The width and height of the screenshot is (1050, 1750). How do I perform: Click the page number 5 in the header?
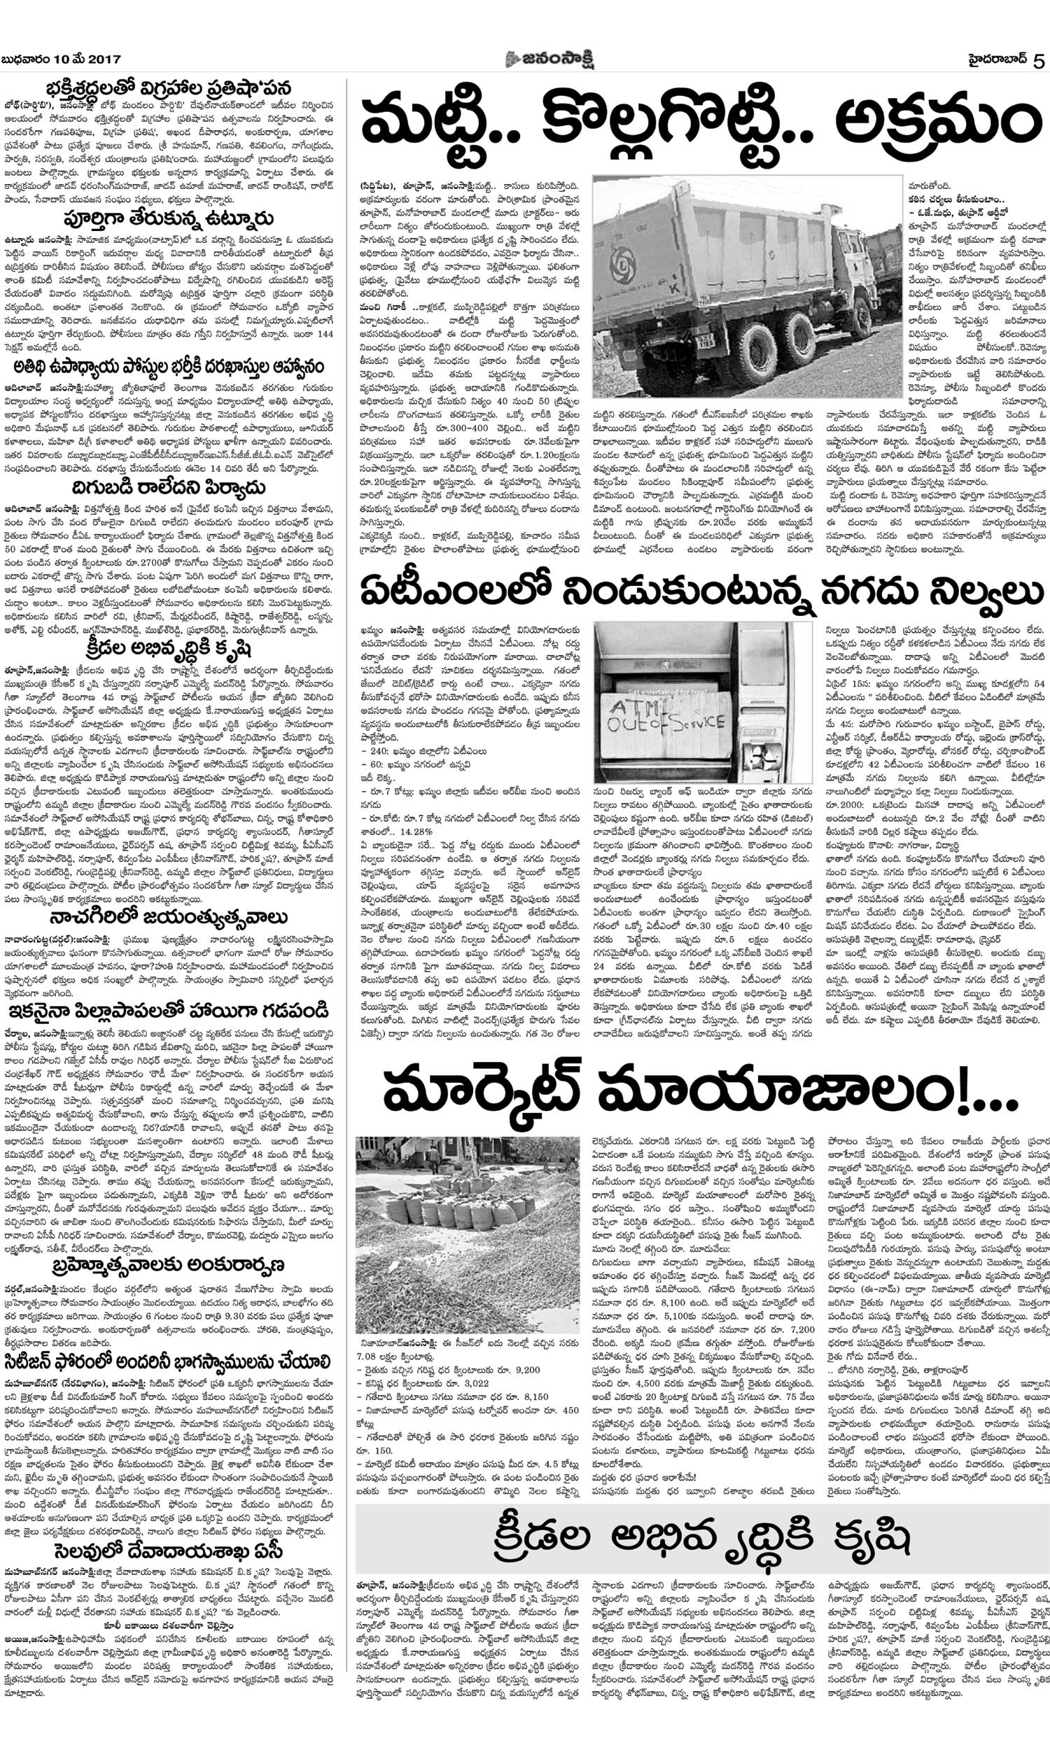[1038, 61]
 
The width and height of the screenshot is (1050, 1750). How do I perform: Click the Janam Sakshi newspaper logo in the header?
[549, 59]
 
